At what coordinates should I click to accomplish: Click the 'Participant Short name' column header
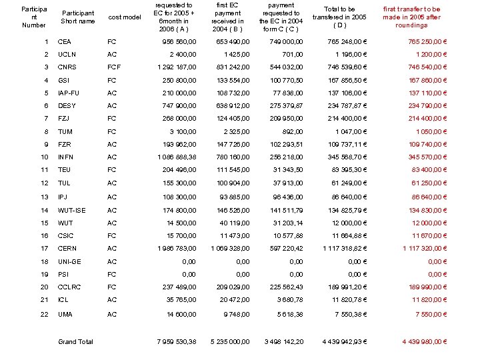click(77, 17)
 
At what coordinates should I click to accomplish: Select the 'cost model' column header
click(124, 17)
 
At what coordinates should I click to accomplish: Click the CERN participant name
click(67, 249)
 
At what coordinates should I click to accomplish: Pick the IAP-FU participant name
click(69, 93)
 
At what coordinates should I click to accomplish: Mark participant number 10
click(45, 157)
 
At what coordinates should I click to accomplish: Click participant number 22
click(45, 314)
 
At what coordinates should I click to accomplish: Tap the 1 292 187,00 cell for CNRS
click(177, 67)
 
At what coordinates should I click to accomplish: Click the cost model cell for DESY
click(112, 106)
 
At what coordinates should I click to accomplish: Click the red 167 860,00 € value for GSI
click(426, 81)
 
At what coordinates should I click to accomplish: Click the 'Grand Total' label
click(75, 342)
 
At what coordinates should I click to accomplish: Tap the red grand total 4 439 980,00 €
click(424, 342)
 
